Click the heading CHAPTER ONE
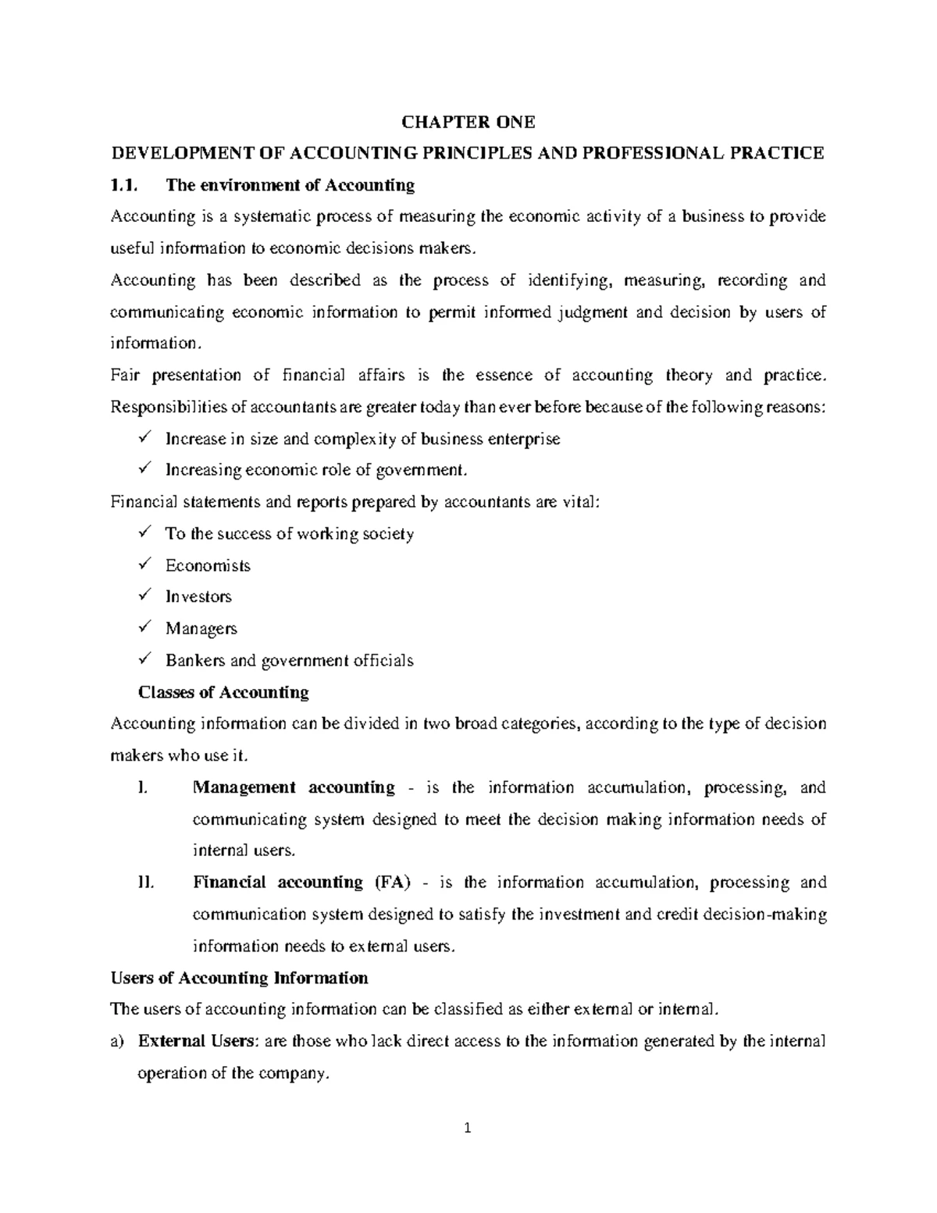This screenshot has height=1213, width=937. (468, 122)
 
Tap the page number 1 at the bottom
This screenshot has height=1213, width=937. (468, 1128)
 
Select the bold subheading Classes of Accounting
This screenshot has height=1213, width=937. (223, 692)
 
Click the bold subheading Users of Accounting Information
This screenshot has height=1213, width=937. (240, 978)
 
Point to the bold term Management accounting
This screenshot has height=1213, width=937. (294, 787)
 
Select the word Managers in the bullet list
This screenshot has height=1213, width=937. (201, 629)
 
